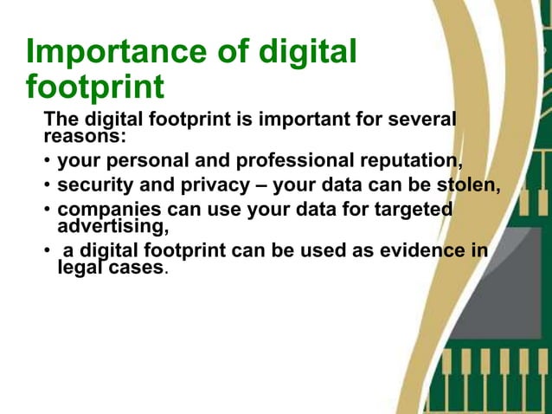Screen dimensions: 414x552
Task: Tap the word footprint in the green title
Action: (x=95, y=87)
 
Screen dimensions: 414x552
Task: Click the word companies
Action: (x=106, y=210)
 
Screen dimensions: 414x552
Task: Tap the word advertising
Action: (x=109, y=227)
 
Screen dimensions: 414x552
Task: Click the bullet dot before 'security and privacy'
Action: (x=48, y=186)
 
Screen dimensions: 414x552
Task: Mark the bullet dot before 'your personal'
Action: (x=48, y=162)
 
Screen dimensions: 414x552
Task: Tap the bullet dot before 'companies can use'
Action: (x=48, y=210)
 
